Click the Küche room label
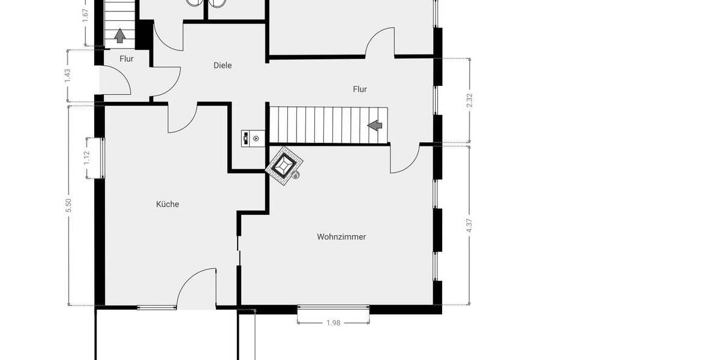(167, 204)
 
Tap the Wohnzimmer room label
(341, 237)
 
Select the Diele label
(223, 65)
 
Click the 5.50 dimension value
(68, 205)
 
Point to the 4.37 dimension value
(470, 226)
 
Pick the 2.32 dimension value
(470, 100)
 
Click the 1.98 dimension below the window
(333, 323)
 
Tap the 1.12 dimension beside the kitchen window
(86, 158)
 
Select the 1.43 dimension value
(68, 75)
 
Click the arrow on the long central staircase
(375, 125)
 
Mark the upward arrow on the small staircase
(119, 35)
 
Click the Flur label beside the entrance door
(126, 59)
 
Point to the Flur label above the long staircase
(359, 89)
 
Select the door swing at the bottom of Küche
(195, 288)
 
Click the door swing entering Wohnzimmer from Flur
(404, 159)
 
